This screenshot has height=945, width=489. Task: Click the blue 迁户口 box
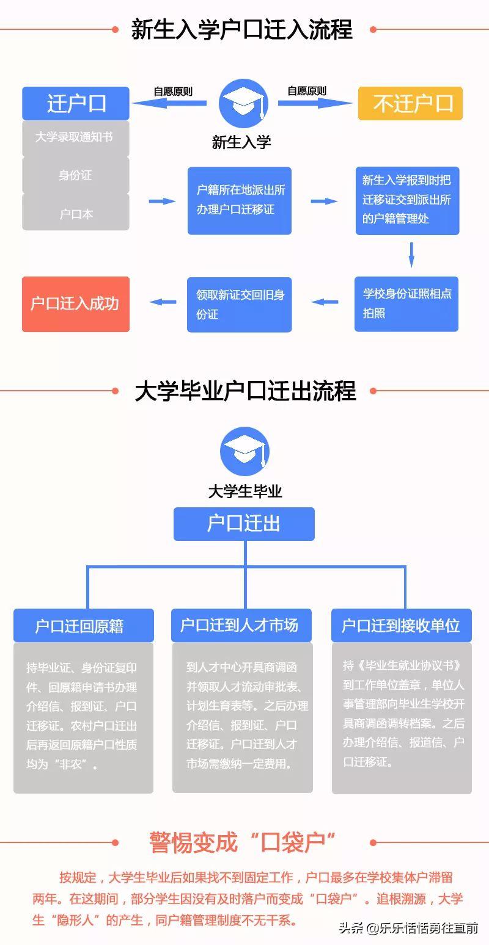point(76,104)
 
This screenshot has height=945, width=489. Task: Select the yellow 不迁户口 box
point(410,104)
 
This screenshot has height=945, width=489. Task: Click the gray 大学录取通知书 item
point(76,137)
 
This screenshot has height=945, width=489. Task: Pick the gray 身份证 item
point(76,175)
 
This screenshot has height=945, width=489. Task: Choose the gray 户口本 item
point(76,214)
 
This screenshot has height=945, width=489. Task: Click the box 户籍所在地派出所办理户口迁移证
point(240,200)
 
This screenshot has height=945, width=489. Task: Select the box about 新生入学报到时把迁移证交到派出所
point(407,200)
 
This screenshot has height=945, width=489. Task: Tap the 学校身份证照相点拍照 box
point(406,303)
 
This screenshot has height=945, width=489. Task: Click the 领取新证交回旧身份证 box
point(240,304)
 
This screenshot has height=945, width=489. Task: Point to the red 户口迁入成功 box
point(76,304)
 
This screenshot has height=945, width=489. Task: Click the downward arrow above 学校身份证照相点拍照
point(411,255)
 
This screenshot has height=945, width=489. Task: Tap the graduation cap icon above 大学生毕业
point(244,452)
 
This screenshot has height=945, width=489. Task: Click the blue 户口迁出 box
point(244,524)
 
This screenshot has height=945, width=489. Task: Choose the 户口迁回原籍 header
point(83,626)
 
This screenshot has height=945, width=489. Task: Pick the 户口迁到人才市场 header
point(241,626)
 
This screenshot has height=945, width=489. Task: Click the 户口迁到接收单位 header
point(401,626)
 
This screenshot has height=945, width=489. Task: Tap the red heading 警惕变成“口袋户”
point(243,842)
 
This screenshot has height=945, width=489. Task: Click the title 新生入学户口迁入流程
point(242,29)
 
